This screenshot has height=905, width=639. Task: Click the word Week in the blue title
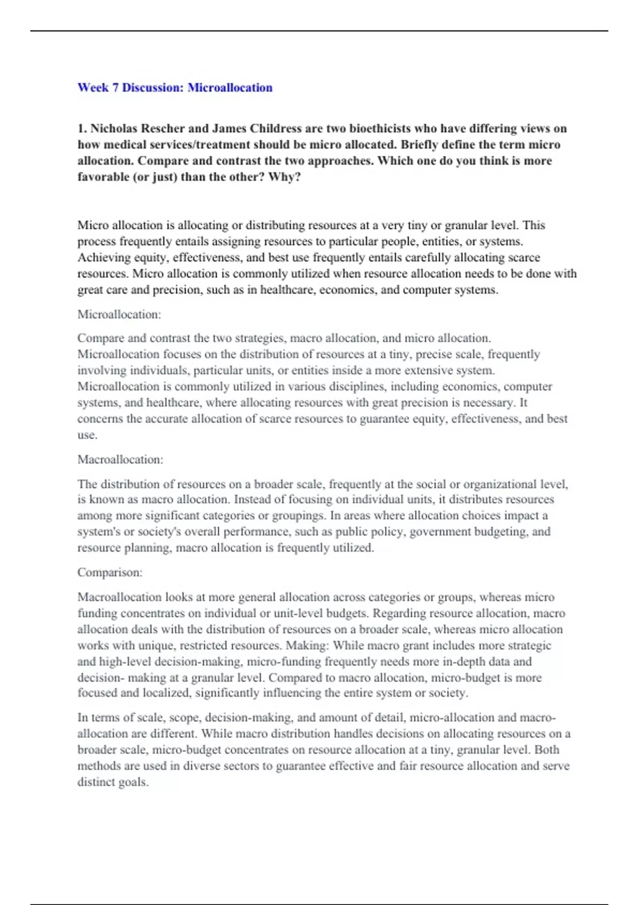[x=93, y=88]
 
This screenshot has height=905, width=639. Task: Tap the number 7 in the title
[x=115, y=88]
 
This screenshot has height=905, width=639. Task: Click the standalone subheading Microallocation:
[x=119, y=315]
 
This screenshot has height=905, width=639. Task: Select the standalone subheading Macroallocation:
[x=120, y=459]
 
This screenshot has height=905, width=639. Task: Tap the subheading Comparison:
[x=110, y=572]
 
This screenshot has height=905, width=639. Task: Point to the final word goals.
[x=132, y=783]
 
